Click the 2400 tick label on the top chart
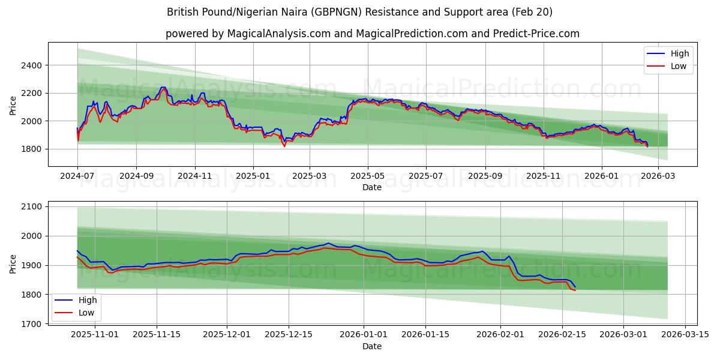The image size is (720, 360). (33, 65)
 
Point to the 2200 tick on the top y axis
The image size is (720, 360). (33, 93)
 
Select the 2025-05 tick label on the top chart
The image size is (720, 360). (368, 176)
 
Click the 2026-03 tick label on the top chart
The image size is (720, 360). (658, 176)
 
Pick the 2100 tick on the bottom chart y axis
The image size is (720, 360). (33, 206)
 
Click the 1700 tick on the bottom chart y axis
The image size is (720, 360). (33, 324)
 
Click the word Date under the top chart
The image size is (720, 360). (372, 187)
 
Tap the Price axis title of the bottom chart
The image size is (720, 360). (13, 263)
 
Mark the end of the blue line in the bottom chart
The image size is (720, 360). (575, 287)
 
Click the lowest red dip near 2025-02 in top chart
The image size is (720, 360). (284, 146)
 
